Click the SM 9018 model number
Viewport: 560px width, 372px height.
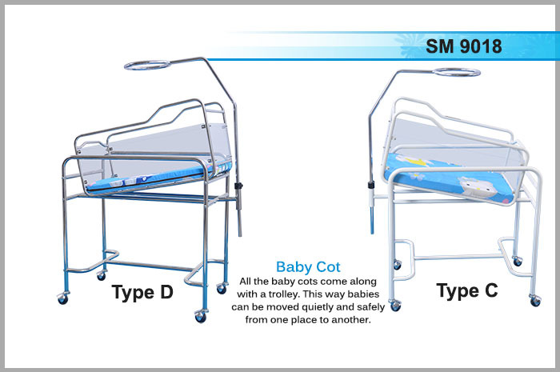point(463,46)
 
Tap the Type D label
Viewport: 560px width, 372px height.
point(142,292)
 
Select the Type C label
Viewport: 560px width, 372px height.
point(467,290)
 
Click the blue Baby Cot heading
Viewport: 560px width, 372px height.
point(308,266)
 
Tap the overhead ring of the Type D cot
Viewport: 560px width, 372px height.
point(147,66)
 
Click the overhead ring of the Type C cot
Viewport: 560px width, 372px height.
point(457,72)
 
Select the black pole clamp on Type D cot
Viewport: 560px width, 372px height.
point(238,186)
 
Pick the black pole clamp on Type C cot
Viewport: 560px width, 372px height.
point(370,185)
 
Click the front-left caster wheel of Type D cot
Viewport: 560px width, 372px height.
point(62,299)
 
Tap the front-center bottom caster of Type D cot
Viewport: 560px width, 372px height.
point(200,317)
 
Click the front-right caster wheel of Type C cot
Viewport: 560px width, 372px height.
point(535,301)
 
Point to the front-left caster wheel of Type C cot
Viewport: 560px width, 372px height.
point(395,306)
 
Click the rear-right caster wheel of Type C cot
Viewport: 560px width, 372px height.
point(517,262)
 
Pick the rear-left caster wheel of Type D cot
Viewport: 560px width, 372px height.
point(101,275)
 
